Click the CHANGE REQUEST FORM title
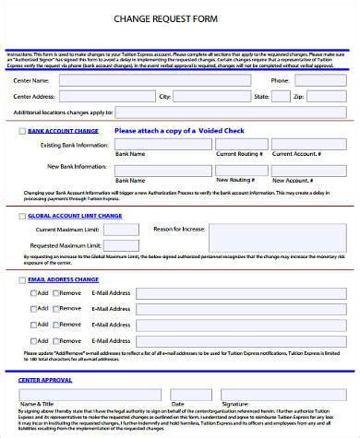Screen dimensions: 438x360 pos(179,17)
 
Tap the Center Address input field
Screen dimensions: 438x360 pos(107,96)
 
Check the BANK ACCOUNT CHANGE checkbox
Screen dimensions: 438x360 pos(22,132)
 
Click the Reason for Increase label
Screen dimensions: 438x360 pos(181,229)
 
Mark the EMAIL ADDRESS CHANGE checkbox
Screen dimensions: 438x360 pos(22,278)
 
